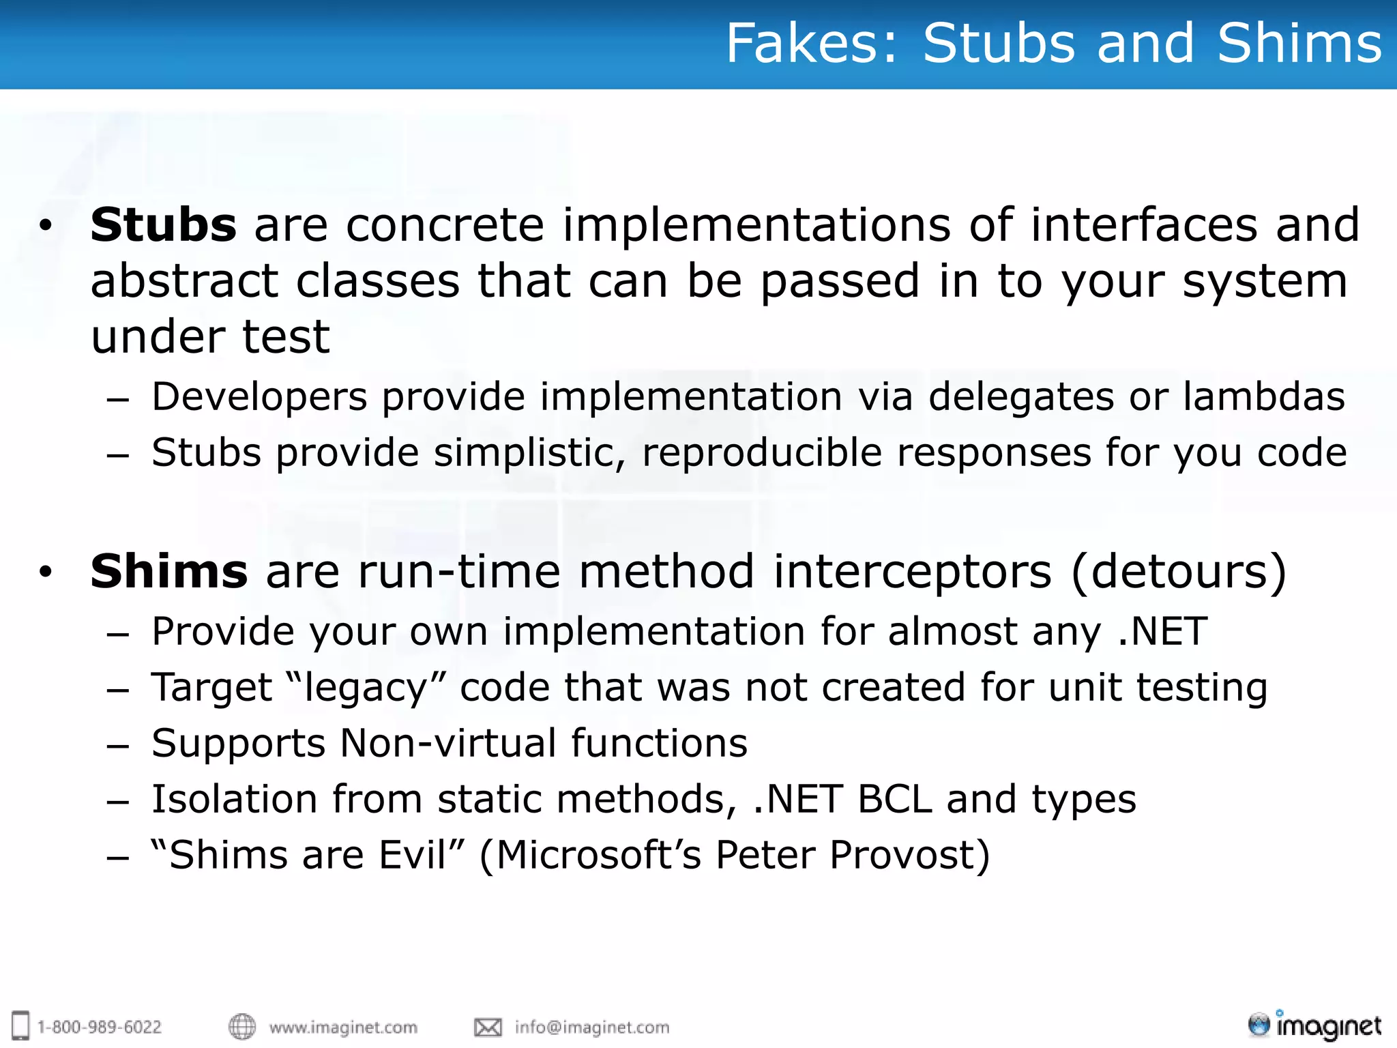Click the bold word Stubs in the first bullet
coord(164,225)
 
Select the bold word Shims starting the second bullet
coord(169,572)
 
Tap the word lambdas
coord(1263,397)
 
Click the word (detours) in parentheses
coord(1179,572)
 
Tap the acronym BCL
coord(894,800)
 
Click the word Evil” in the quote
coord(422,856)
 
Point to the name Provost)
coord(910,856)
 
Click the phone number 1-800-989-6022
coord(100,1028)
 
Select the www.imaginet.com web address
coord(343,1028)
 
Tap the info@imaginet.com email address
coord(592,1028)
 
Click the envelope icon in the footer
coord(488,1028)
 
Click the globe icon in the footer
coord(241,1027)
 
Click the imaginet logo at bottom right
coord(1314,1025)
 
